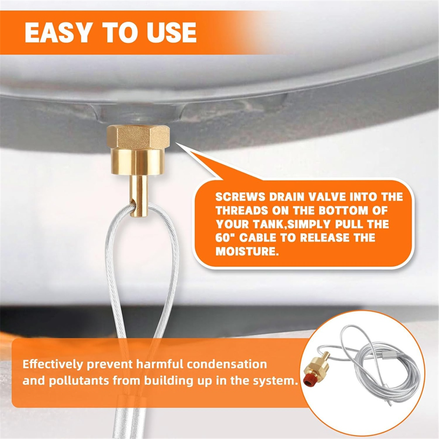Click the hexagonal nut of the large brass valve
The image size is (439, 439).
138,137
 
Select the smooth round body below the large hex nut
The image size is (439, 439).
138,163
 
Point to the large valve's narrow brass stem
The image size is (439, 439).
139,196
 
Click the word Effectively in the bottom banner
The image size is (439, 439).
53,364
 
